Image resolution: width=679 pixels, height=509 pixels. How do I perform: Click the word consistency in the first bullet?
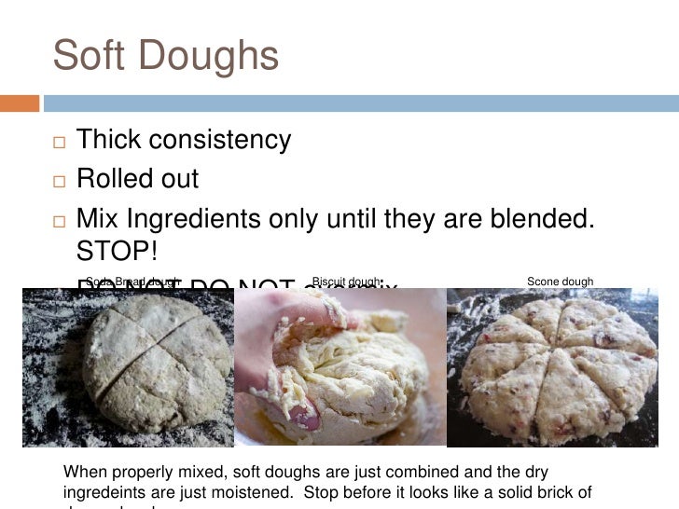pos(214,141)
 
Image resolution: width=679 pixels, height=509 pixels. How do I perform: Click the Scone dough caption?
pos(560,282)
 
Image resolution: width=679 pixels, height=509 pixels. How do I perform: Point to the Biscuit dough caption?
pos(346,282)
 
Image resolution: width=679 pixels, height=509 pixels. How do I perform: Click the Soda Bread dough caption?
pos(132,282)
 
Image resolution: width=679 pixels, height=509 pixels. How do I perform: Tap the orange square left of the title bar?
pos(20,103)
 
